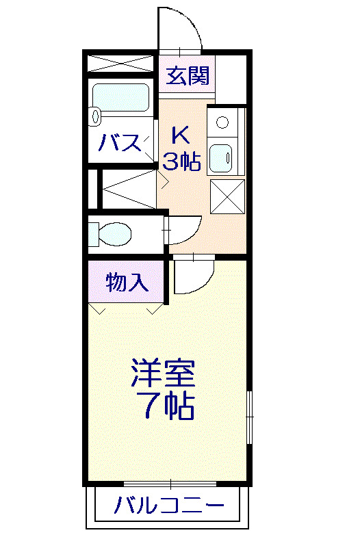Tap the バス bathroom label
121,144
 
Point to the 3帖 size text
181,161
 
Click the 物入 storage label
127,283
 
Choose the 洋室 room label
164,374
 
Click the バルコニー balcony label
168,507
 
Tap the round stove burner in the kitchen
222,123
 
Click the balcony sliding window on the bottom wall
181,484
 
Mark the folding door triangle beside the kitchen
130,189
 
